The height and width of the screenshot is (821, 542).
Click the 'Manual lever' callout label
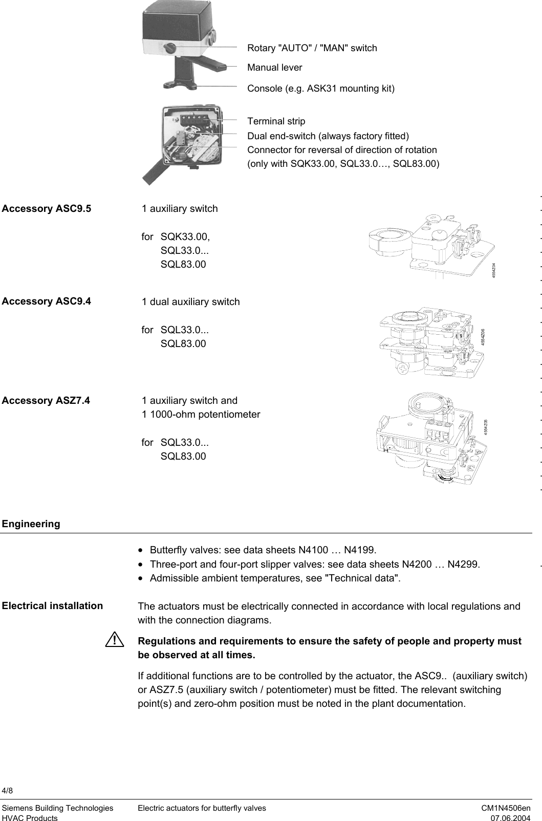click(274, 68)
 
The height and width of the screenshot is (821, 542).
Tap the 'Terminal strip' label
click(276, 121)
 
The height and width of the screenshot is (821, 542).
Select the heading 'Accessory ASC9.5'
click(47, 208)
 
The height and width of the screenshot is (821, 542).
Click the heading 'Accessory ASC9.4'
click(47, 301)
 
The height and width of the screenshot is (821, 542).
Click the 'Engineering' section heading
click(31, 524)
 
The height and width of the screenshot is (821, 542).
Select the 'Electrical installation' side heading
click(52, 606)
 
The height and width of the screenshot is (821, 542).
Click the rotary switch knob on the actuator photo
click(169, 48)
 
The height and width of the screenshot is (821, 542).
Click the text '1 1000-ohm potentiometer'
click(201, 414)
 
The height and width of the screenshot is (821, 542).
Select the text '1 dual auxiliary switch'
click(190, 301)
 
